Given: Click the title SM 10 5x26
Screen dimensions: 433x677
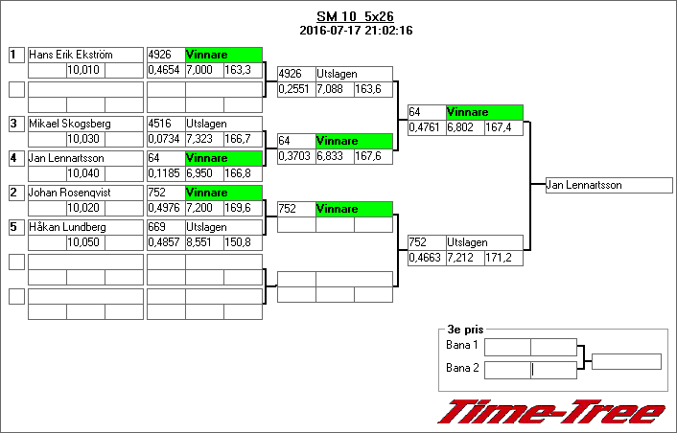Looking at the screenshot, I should [x=355, y=17].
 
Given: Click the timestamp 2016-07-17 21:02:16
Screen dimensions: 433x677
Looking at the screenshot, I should [x=355, y=31].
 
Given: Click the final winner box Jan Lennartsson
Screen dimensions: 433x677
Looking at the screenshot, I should [x=608, y=185].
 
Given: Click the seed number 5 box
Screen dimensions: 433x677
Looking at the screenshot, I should [x=15, y=227].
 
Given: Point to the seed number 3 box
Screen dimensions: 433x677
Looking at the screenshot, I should [x=15, y=124].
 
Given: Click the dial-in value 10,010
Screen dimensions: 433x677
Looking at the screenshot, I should [x=84, y=70].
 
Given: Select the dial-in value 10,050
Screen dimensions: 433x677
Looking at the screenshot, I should [x=84, y=242].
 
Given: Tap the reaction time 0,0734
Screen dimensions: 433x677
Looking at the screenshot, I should [x=165, y=139].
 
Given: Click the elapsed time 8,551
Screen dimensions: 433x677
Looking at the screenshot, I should [x=203, y=242].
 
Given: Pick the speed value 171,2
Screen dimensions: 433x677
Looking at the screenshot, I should [x=502, y=258].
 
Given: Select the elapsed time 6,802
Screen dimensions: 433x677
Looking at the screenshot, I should [x=464, y=127].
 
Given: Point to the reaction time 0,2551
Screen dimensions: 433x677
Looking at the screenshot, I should [x=295, y=89].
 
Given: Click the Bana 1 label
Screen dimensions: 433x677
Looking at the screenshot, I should [x=462, y=345].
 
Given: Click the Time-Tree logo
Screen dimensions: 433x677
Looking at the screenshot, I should [x=551, y=411].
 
